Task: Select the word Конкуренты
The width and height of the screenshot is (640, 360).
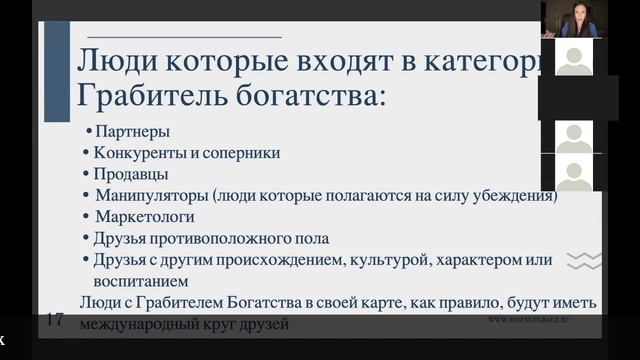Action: point(133,153)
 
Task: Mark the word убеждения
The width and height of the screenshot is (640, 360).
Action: point(514,195)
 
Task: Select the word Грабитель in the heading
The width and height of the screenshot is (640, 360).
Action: point(147,98)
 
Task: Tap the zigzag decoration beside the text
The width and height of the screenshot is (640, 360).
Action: point(584,262)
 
